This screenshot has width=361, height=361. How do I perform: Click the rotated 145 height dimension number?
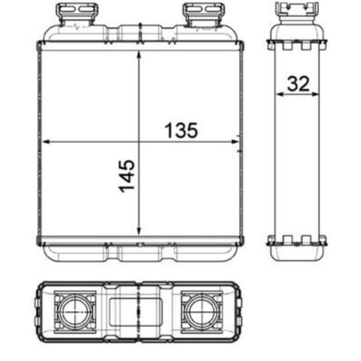coord(127,175)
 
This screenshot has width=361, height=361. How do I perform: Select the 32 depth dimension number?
coord(297,83)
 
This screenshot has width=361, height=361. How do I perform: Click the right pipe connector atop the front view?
coord(196,12)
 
